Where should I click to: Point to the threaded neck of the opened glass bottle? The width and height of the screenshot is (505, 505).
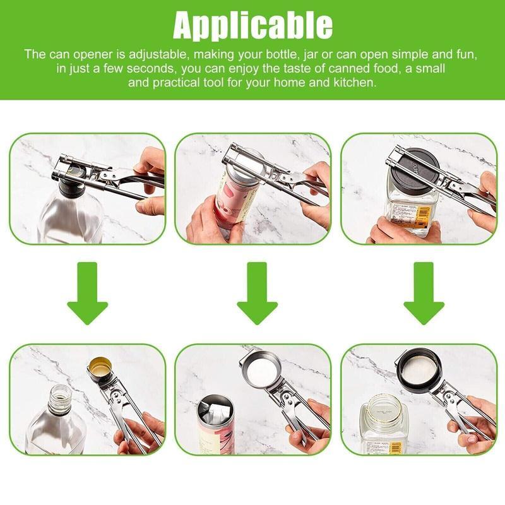tap(58, 397)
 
